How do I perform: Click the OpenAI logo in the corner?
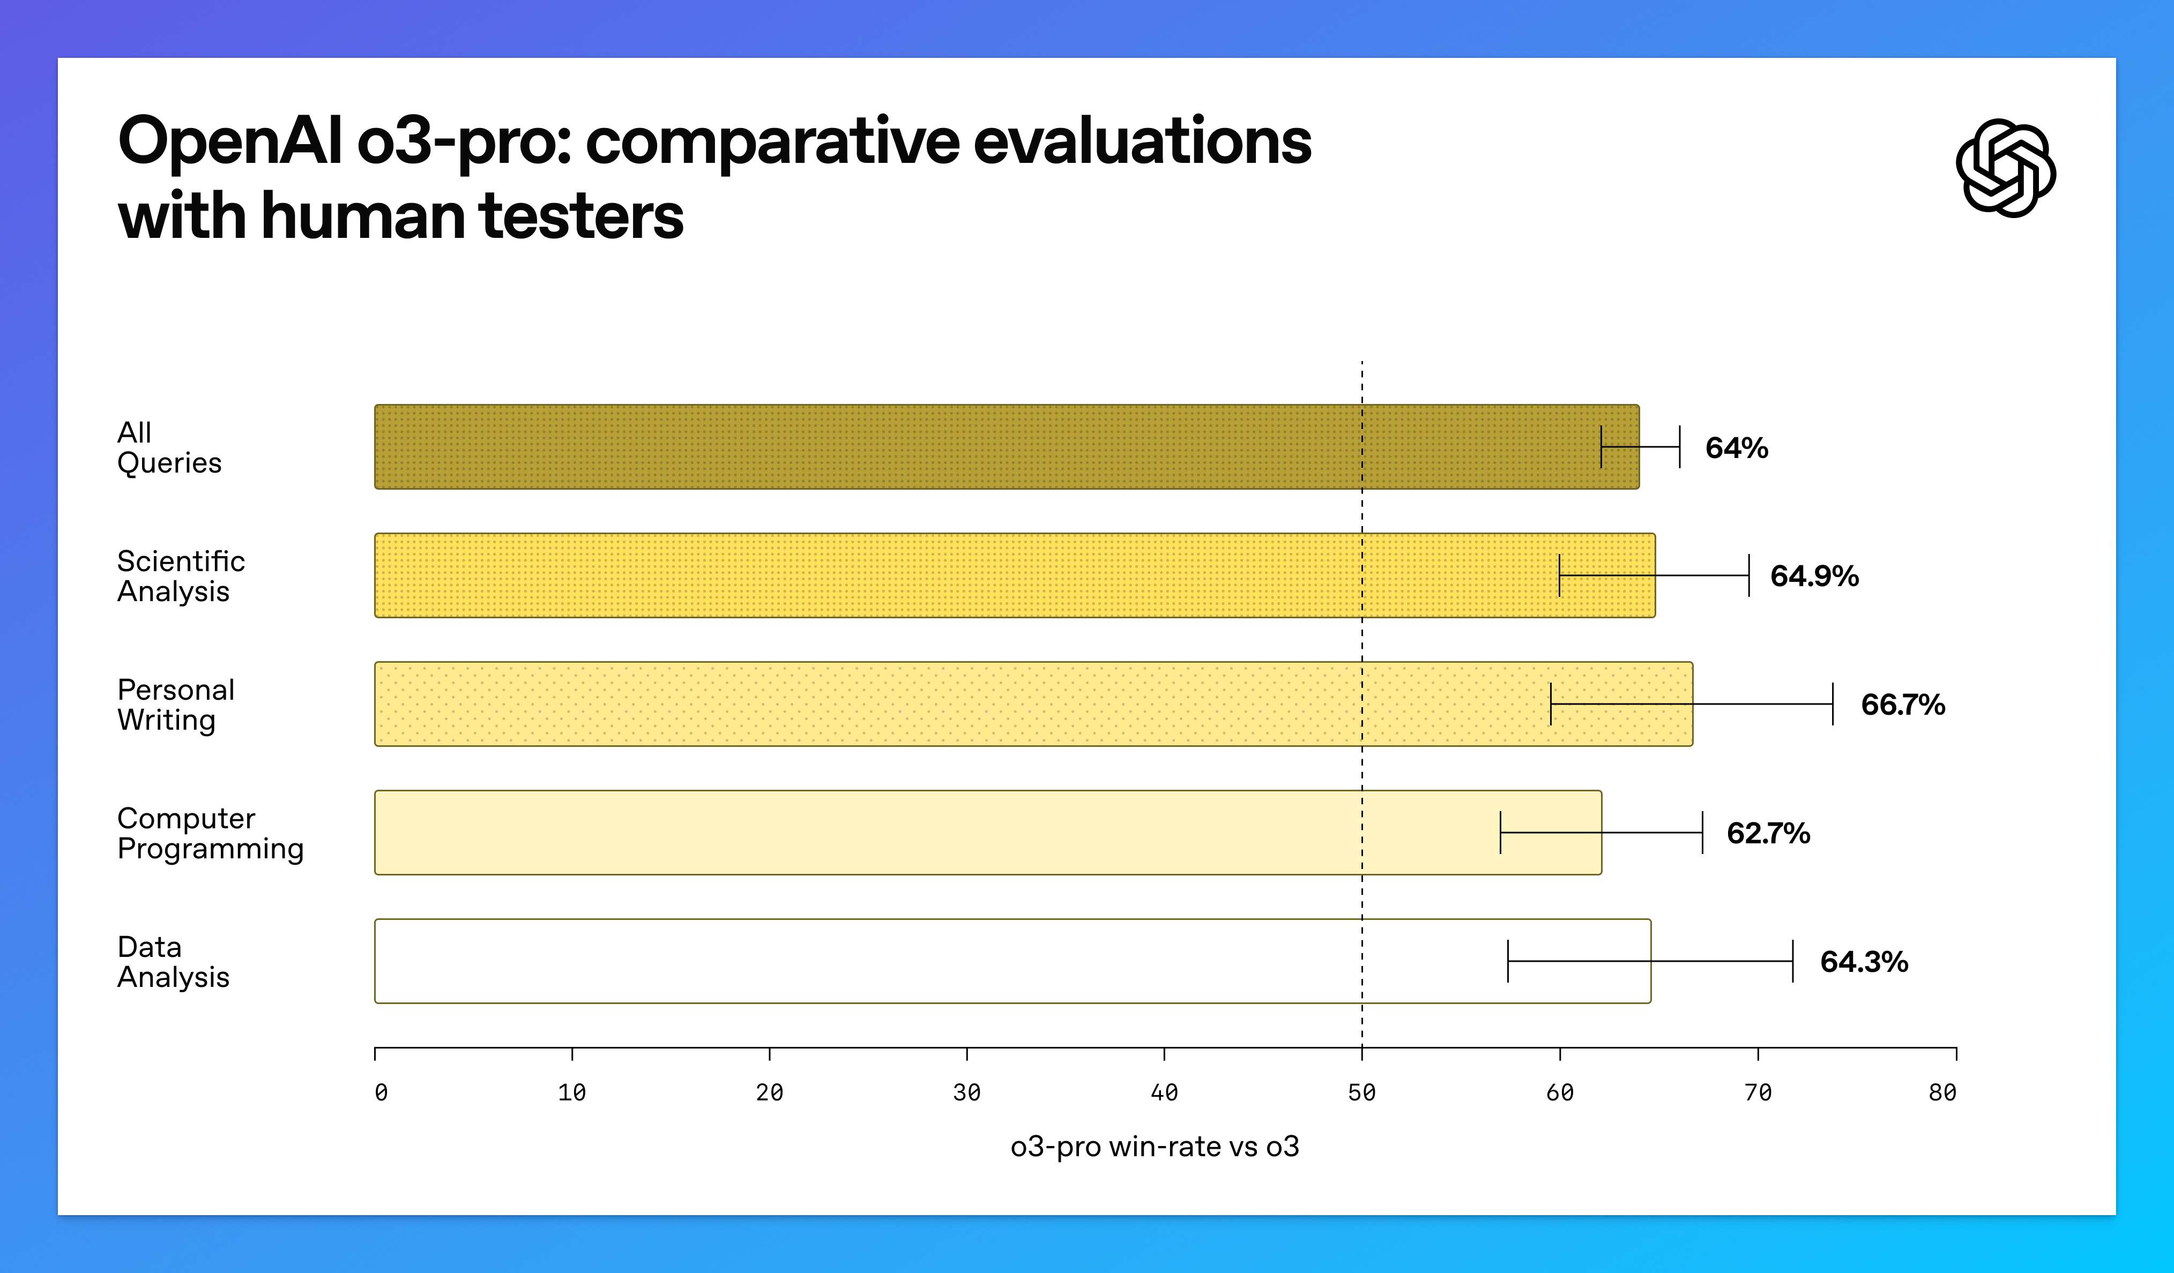click(2005, 168)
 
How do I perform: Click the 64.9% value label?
click(1814, 576)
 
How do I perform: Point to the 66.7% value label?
click(1902, 705)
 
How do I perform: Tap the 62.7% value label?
click(1768, 833)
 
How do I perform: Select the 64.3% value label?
click(1864, 962)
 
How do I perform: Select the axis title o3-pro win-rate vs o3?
click(1155, 1146)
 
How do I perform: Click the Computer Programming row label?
click(210, 833)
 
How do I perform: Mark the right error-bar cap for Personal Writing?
click(1833, 704)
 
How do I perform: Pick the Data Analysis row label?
click(173, 962)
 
